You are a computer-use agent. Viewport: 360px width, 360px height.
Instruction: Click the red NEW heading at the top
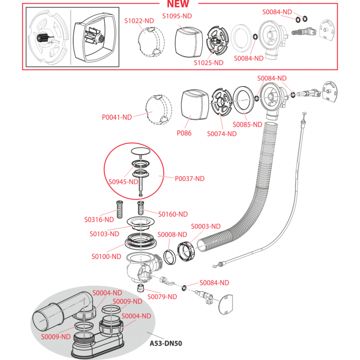pyautogui.click(x=181, y=5)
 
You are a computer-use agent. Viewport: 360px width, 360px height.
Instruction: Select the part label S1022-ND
pyautogui.click(x=139, y=21)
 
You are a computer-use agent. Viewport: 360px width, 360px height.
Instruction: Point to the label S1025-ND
pyautogui.click(x=208, y=62)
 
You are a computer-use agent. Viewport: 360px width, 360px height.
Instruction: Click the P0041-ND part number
pyautogui.click(x=116, y=117)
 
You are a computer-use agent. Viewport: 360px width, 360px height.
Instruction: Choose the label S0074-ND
pyautogui.click(x=221, y=133)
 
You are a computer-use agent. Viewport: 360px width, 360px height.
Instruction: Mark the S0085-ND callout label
pyautogui.click(x=248, y=124)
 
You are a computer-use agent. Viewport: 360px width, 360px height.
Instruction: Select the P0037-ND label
pyautogui.click(x=189, y=178)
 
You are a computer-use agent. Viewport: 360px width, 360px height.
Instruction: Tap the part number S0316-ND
pyautogui.click(x=99, y=219)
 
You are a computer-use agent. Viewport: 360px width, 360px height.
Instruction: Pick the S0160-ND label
pyautogui.click(x=173, y=214)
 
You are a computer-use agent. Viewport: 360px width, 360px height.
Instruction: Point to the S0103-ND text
pyautogui.click(x=104, y=233)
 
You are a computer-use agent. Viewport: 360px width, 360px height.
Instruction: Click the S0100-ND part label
pyautogui.click(x=106, y=256)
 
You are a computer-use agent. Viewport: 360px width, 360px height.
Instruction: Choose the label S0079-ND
pyautogui.click(x=162, y=296)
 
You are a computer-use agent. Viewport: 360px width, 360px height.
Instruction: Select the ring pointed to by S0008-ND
pyautogui.click(x=169, y=257)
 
